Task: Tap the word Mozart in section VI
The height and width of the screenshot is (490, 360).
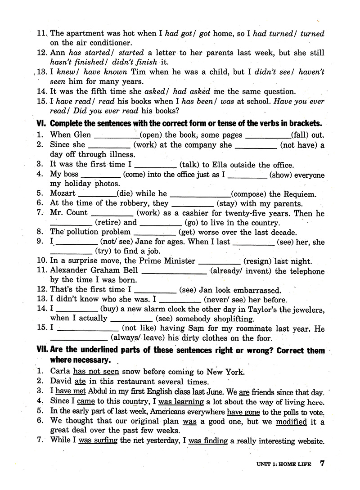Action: coord(63,194)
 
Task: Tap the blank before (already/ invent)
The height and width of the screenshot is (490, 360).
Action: coord(174,272)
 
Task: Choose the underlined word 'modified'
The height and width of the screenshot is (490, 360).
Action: coord(291,422)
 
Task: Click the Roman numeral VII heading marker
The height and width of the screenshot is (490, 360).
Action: coord(42,351)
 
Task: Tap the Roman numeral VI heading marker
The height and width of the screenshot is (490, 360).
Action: coord(41,123)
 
